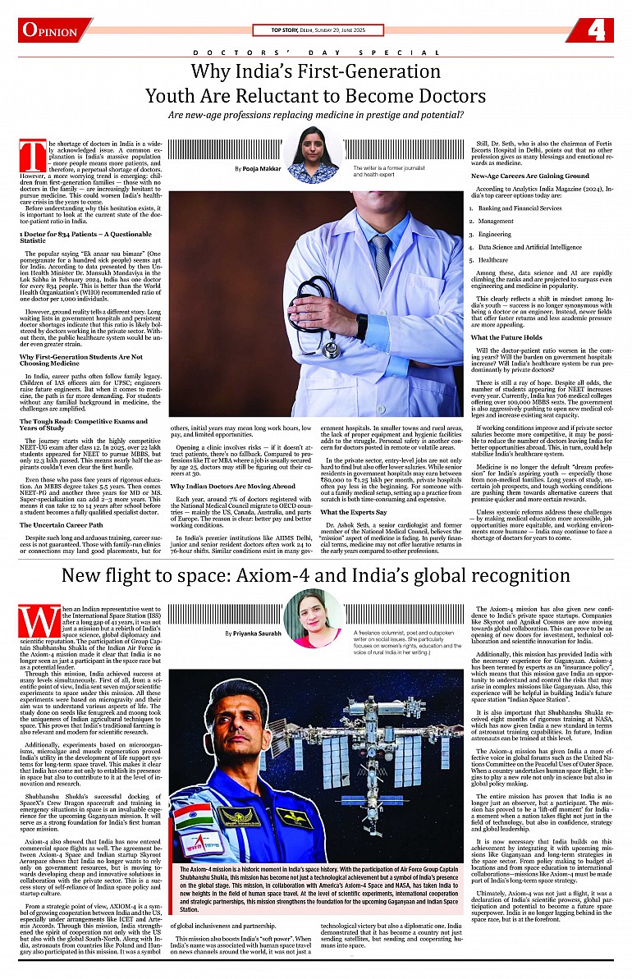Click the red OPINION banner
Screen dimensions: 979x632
click(54, 30)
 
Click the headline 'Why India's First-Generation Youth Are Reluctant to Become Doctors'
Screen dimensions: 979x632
click(316, 84)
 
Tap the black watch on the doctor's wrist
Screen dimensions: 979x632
click(362, 326)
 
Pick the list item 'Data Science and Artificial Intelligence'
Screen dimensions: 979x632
click(529, 246)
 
